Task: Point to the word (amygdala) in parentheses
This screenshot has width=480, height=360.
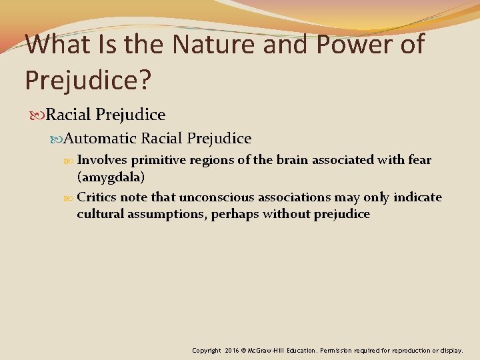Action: [111, 177]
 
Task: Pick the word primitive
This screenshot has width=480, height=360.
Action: [158, 161]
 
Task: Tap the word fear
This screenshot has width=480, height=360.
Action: [419, 161]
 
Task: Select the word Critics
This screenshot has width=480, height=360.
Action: [97, 198]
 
